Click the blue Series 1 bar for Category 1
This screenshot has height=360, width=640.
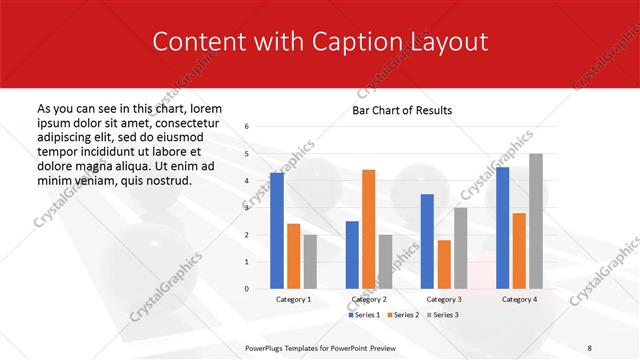pos(277,231)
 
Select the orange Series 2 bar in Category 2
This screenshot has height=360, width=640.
pos(368,229)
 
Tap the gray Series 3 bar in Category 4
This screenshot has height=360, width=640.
pos(536,221)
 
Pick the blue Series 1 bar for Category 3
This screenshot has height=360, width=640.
pos(427,241)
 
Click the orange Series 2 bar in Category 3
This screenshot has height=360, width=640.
pos(444,264)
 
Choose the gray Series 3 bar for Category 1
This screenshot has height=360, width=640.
pos(310,262)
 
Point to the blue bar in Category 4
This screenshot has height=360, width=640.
pos(502,228)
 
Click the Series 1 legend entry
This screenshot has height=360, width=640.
pos(365,314)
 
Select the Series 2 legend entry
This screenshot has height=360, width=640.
pos(403,314)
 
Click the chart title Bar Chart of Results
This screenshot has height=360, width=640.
pos(402,110)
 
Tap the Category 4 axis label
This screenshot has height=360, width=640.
pos(518,299)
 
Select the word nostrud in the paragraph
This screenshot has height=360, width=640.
pos(165,180)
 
